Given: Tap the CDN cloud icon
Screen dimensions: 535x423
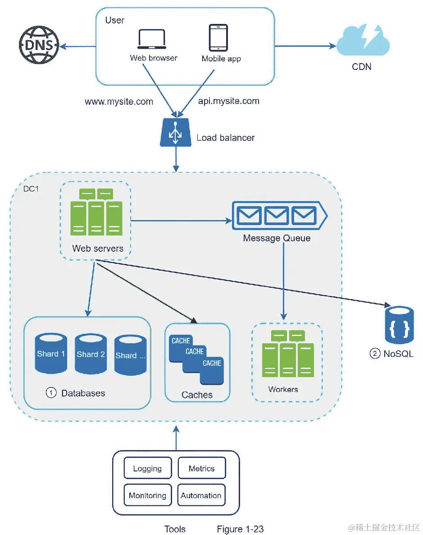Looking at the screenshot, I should (x=364, y=41).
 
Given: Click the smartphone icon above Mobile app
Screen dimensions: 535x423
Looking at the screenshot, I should (x=218, y=38).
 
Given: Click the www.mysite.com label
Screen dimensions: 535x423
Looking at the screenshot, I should (x=119, y=101).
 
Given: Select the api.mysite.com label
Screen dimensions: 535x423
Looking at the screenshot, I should (x=229, y=101).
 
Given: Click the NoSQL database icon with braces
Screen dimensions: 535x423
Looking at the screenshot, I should (x=399, y=324).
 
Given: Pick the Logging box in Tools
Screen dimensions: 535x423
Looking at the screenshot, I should (x=147, y=469).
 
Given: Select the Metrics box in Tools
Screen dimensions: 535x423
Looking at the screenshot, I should (x=201, y=469).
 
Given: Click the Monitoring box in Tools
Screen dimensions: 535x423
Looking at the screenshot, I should (x=147, y=495).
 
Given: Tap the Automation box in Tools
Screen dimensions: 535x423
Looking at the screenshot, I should (x=201, y=495).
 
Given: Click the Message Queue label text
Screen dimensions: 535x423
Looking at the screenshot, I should (x=277, y=238).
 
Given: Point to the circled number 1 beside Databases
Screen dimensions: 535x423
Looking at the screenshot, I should (x=51, y=393).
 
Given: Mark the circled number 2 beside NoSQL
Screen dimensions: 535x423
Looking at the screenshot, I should (x=375, y=354).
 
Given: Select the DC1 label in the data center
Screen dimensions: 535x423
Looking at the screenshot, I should (x=31, y=189).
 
